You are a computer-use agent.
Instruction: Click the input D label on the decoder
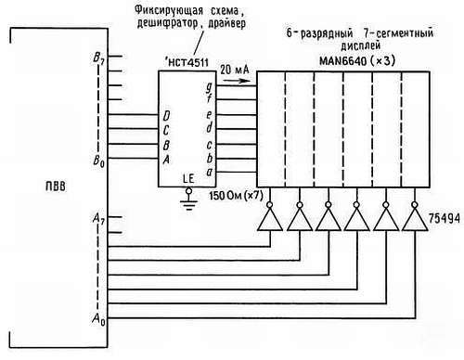(166, 115)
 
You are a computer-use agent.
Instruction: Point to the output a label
(211, 173)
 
